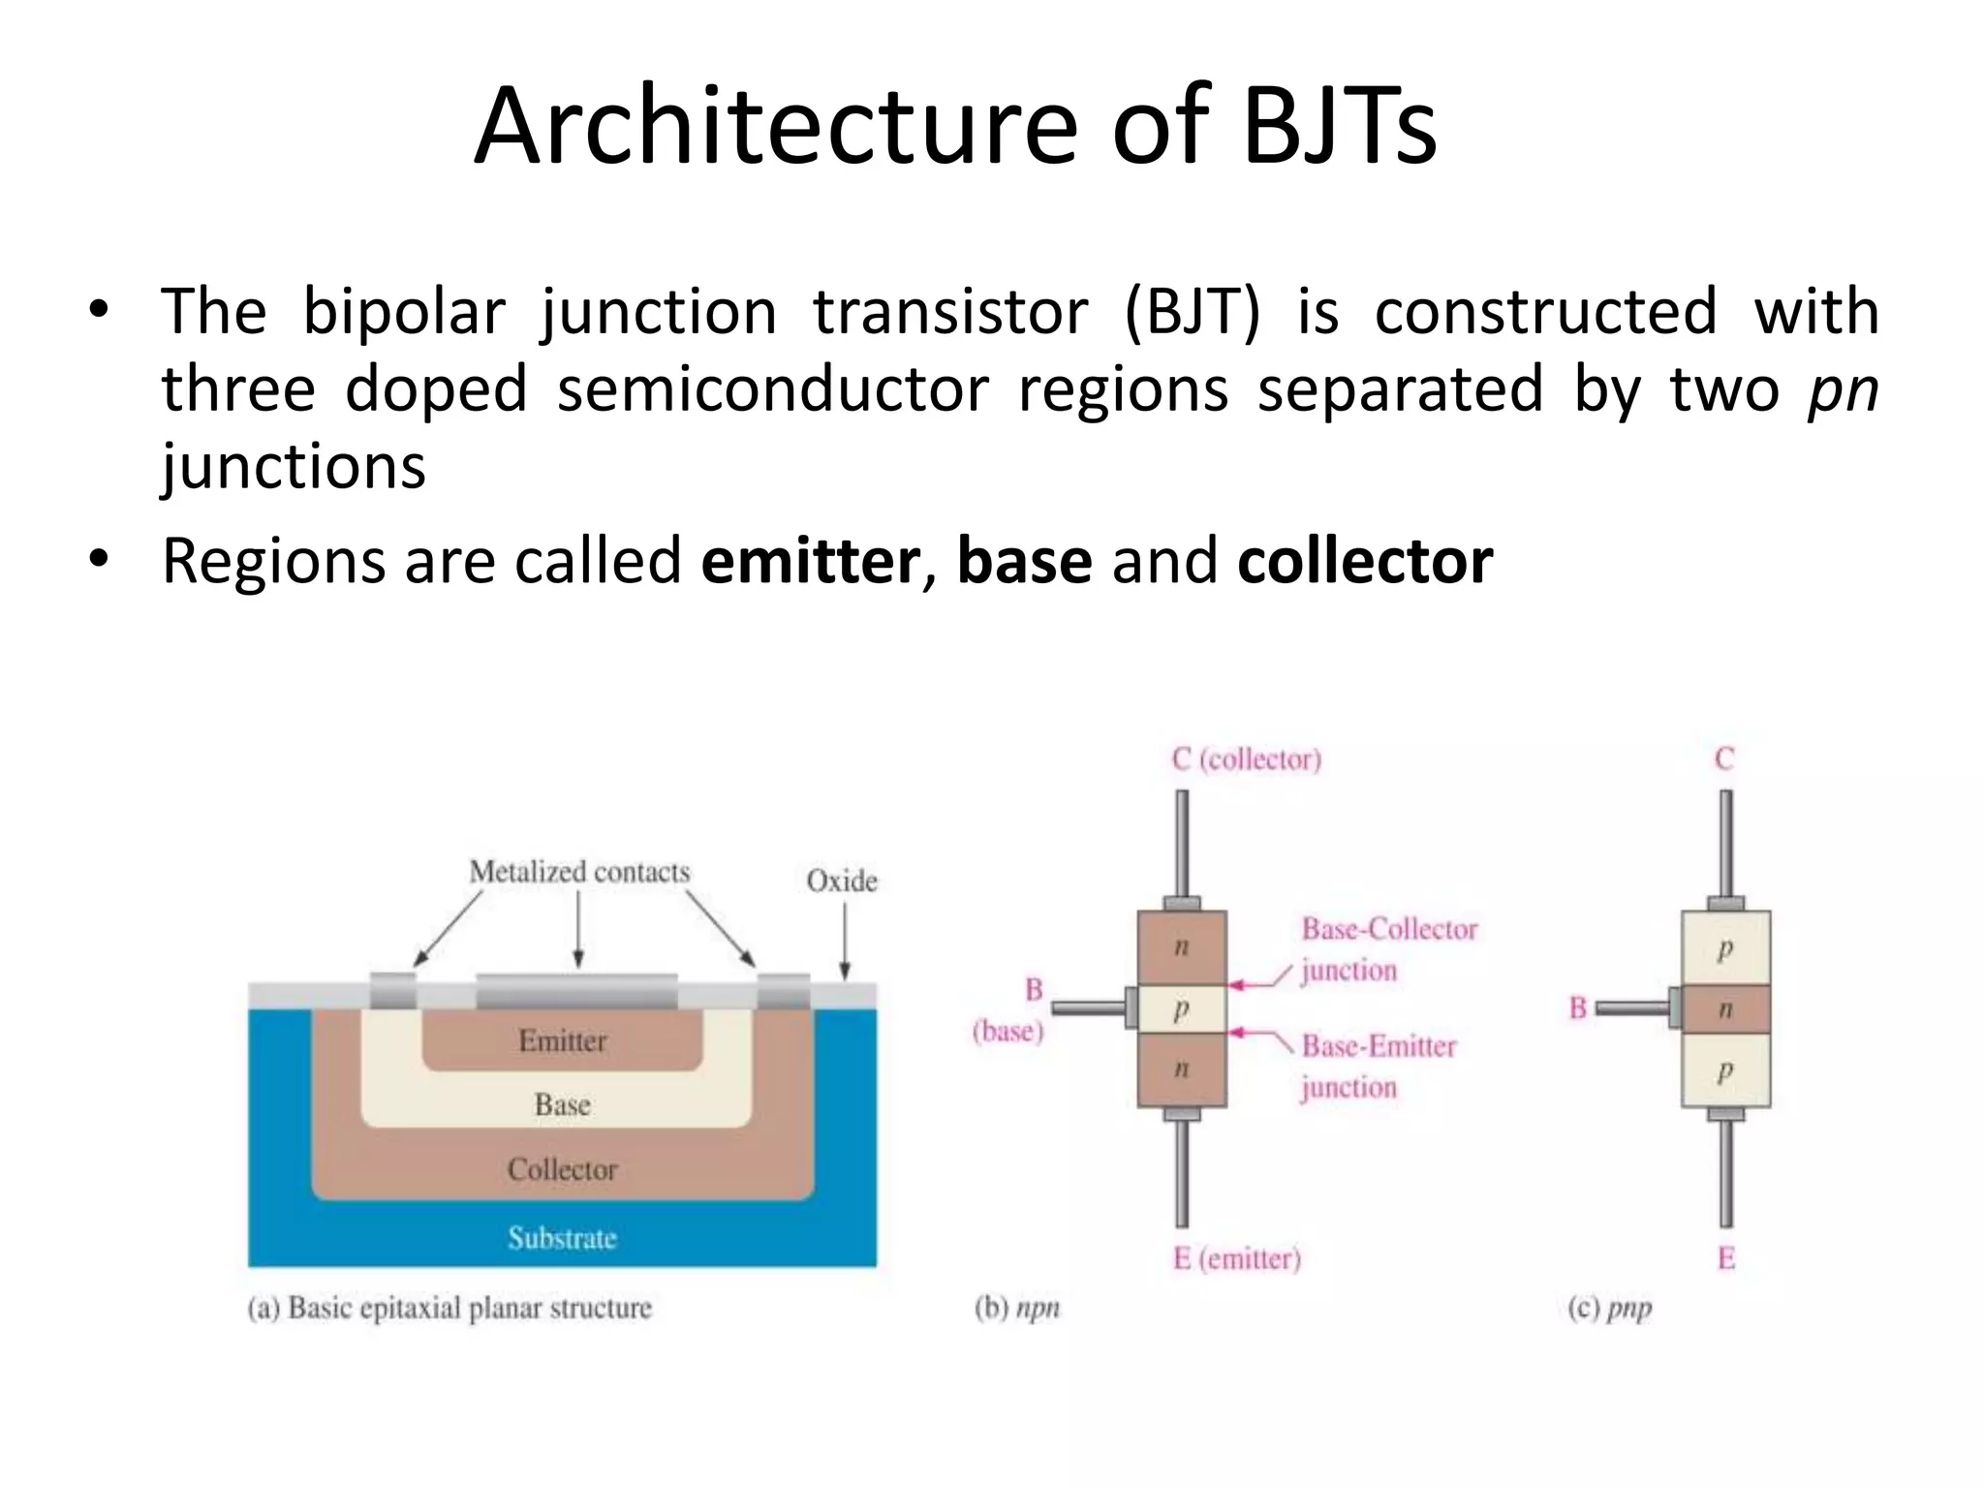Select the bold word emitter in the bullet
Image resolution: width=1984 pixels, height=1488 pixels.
tap(810, 561)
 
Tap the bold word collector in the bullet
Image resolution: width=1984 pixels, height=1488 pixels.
tap(1365, 561)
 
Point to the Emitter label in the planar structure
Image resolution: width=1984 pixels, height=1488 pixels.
tap(562, 1040)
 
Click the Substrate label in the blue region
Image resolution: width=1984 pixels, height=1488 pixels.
tap(562, 1237)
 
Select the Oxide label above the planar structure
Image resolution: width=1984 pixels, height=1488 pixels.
tap(841, 881)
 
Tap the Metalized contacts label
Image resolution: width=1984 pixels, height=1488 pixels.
tap(579, 871)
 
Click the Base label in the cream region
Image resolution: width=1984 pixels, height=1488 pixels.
tap(562, 1104)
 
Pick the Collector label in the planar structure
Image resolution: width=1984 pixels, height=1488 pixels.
tap(562, 1168)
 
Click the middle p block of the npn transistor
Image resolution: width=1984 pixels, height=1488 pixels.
tap(1181, 1009)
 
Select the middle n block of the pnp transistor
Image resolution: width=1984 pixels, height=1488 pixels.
tap(1725, 1009)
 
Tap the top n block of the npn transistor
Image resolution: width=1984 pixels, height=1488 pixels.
tap(1181, 946)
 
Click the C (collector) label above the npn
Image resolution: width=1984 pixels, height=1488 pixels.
tap(1246, 759)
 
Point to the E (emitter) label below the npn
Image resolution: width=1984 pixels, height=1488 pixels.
tap(1236, 1258)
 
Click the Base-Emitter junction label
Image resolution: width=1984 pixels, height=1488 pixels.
tap(1378, 1066)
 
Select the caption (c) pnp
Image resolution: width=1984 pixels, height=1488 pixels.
tap(1609, 1308)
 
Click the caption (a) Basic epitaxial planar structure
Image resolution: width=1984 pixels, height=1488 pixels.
tap(449, 1308)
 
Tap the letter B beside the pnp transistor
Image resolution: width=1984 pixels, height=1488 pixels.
tap(1577, 1008)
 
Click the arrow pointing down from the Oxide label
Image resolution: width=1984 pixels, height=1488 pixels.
tap(845, 940)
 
